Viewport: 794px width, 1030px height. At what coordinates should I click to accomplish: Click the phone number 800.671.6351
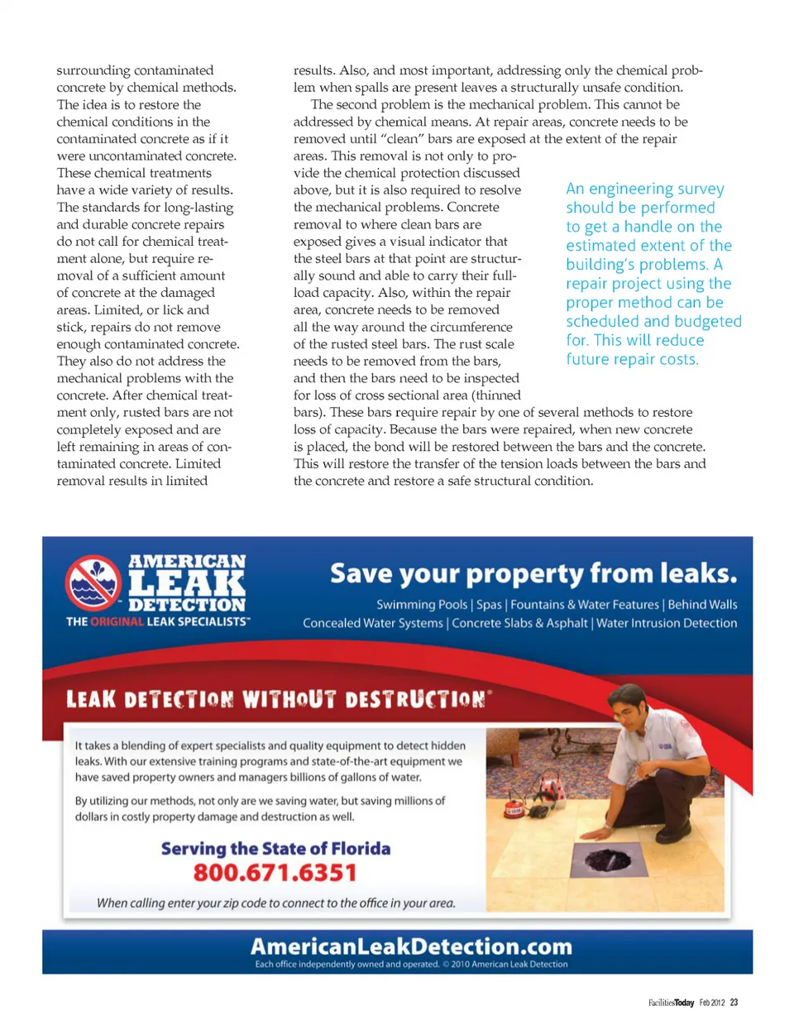pos(275,873)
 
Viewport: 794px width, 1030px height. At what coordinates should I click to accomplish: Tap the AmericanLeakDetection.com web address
pos(411,946)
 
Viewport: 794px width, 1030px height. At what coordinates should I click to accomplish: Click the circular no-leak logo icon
pos(93,582)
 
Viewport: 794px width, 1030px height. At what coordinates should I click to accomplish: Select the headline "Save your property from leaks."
pos(533,573)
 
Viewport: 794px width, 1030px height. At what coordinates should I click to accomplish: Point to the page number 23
pos(734,1002)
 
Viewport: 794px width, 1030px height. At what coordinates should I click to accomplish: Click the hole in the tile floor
pos(608,860)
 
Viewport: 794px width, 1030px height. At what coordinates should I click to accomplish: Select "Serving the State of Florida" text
pos(275,848)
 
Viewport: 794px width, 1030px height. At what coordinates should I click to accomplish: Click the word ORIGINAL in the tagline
pos(117,621)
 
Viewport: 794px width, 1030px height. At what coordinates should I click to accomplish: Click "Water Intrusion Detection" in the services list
pos(666,623)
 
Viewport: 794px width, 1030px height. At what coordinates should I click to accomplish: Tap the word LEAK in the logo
pos(187,582)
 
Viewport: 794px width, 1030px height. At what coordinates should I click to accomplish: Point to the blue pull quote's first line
pos(644,189)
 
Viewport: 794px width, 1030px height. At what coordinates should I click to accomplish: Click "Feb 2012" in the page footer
pos(711,1002)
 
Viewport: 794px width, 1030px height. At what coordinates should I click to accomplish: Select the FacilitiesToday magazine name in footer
pos(671,1002)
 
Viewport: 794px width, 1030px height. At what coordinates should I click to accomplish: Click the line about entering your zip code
pos(275,903)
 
